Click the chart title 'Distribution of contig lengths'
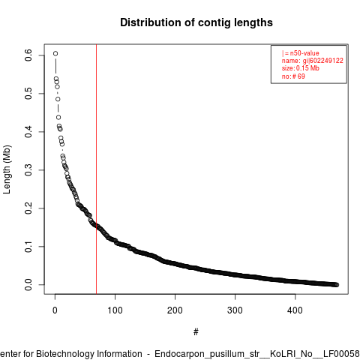point(196,22)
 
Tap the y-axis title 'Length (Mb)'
point(7,169)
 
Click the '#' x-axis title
point(196,332)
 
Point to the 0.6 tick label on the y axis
point(28,55)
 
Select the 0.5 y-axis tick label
point(28,94)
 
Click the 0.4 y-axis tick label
point(28,132)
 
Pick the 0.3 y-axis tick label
point(28,170)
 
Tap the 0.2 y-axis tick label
point(28,208)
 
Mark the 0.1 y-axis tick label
point(28,247)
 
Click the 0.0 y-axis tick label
point(28,285)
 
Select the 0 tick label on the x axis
point(55,310)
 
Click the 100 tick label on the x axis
point(115,310)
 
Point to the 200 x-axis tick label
point(175,310)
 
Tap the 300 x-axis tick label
point(235,310)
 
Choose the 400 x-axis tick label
point(295,310)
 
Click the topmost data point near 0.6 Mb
point(55,53)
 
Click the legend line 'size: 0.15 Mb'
point(301,68)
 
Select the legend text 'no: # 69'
point(293,76)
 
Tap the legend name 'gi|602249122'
point(323,61)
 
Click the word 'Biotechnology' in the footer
point(65,354)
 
